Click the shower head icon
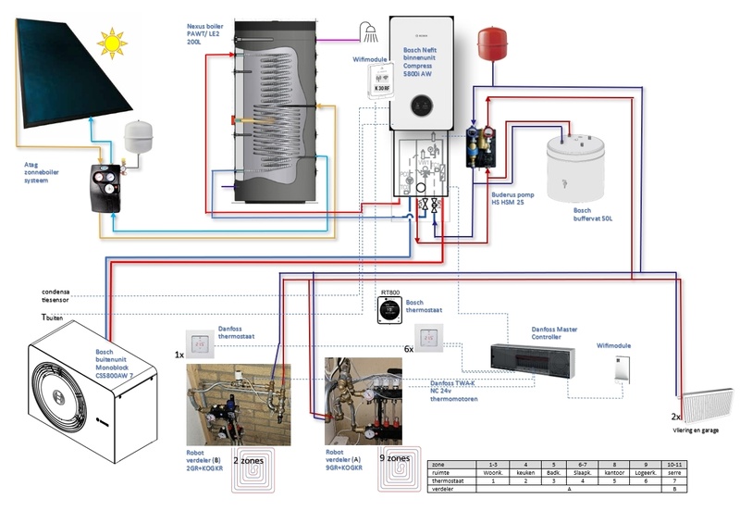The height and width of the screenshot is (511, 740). coord(373,34)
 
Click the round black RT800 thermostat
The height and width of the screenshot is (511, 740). coord(387,310)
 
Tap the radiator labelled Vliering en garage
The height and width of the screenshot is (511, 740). coord(708,408)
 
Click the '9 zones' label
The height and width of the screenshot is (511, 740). coord(385,457)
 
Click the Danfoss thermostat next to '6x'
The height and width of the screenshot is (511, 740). coord(430,342)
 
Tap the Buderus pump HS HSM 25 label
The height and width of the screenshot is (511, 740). coord(512,199)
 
